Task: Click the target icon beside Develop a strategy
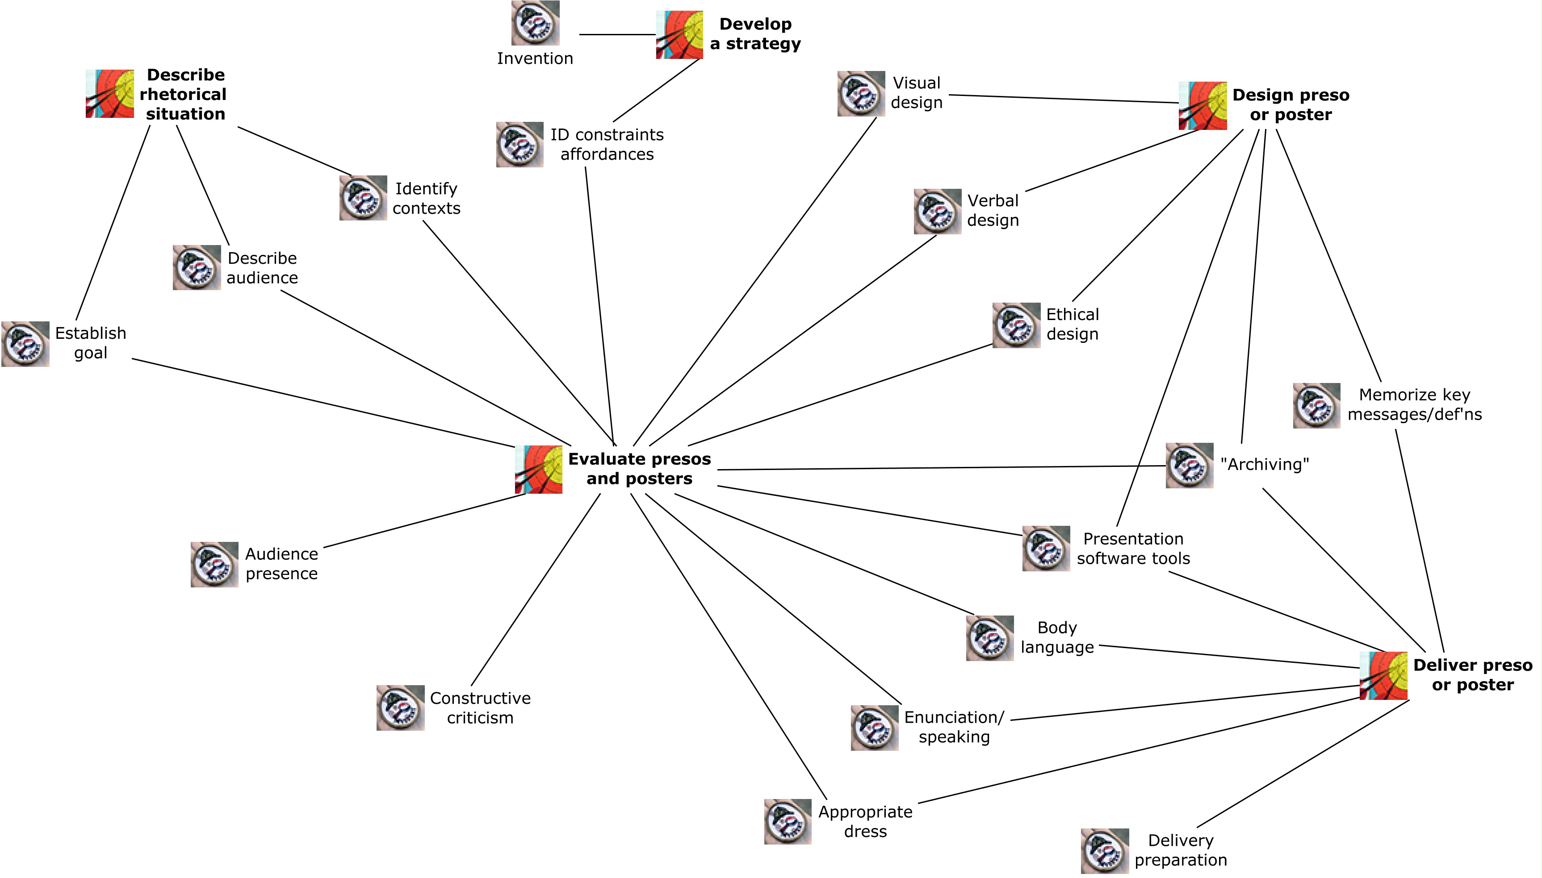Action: (x=679, y=34)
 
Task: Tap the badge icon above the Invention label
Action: (x=535, y=23)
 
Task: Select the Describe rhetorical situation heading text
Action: (x=184, y=94)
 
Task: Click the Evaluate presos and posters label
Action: (x=640, y=469)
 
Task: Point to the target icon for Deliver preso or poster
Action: (x=1383, y=675)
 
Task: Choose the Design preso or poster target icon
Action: (x=1203, y=105)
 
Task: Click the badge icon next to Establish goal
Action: (x=25, y=344)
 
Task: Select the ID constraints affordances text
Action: (x=607, y=144)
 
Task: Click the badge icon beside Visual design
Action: (x=861, y=93)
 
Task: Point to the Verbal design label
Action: (x=993, y=210)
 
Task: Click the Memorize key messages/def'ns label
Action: (x=1415, y=404)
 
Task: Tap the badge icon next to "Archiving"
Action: (x=1190, y=466)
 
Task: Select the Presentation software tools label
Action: (x=1134, y=549)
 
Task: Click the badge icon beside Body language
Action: (x=990, y=638)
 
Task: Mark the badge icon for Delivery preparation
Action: (x=1105, y=851)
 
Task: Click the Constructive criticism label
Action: (x=480, y=708)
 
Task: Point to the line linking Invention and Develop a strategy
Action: (x=618, y=34)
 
